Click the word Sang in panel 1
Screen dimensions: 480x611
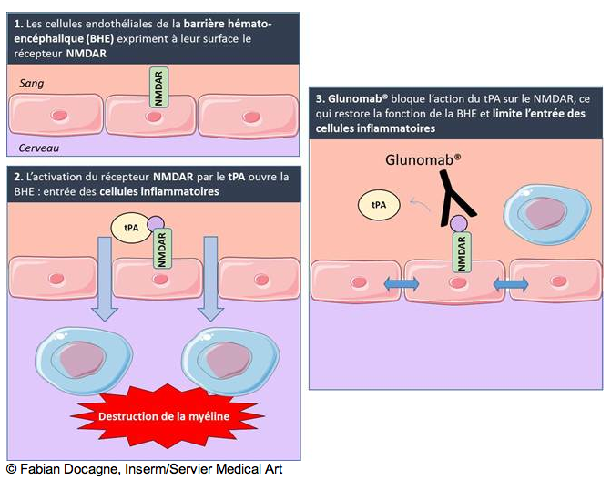click(32, 83)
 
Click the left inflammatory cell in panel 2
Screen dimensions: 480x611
click(81, 358)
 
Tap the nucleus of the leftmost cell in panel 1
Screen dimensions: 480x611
click(58, 117)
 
